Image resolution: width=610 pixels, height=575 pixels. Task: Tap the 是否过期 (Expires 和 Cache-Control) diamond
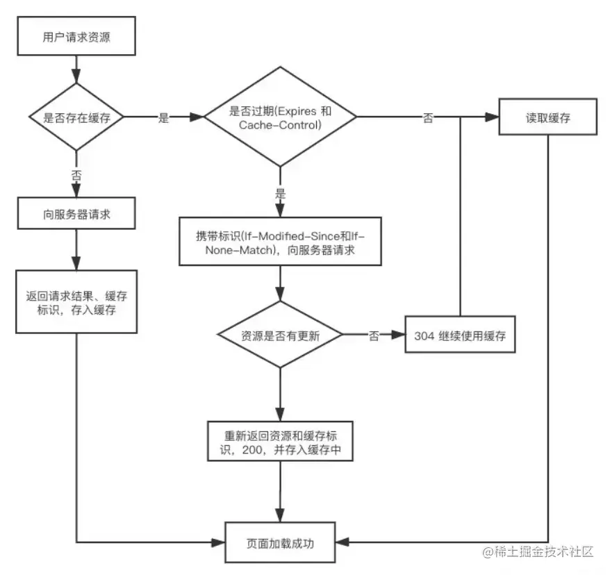coord(279,117)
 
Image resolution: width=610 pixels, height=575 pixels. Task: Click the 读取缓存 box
coord(548,117)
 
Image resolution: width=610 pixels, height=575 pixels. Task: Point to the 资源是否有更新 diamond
coord(279,335)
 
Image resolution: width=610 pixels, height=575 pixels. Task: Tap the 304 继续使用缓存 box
coord(460,335)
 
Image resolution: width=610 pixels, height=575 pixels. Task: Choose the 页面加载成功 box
coord(280,543)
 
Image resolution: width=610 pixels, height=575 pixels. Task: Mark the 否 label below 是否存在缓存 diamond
coord(75,175)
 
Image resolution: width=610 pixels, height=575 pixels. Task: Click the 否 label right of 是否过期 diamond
coord(428,118)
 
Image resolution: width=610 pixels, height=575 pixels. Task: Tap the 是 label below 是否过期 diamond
coord(280,194)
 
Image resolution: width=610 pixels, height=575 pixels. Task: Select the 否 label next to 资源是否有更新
coord(374,336)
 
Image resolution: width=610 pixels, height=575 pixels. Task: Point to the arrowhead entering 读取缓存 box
coord(495,117)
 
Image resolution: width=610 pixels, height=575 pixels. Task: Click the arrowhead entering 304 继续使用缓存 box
coord(399,335)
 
